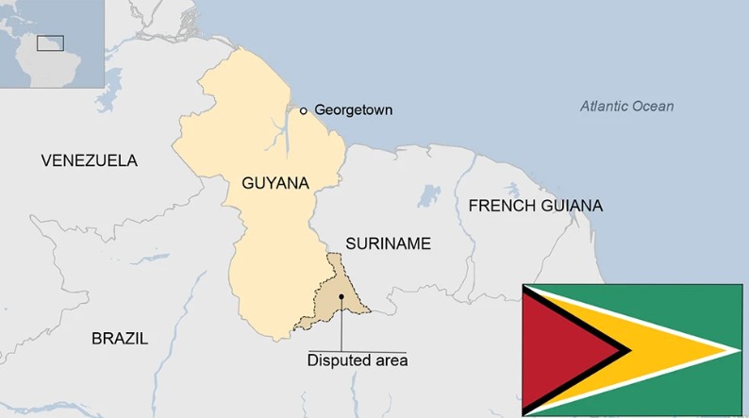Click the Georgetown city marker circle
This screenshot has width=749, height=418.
[x=304, y=110]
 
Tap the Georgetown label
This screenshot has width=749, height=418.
[x=354, y=110]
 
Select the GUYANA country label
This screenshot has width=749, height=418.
[x=275, y=183]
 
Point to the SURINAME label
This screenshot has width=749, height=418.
[x=388, y=243]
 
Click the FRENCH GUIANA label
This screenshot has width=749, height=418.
[x=536, y=206]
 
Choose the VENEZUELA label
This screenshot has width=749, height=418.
[x=90, y=160]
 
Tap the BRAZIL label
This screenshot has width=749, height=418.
[x=120, y=339]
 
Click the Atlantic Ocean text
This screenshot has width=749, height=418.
[x=626, y=106]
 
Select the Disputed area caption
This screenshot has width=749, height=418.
[x=358, y=359]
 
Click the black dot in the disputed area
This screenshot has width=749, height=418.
[x=341, y=296]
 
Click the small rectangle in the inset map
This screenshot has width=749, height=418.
[x=50, y=42]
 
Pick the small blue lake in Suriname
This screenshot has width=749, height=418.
[x=430, y=196]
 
